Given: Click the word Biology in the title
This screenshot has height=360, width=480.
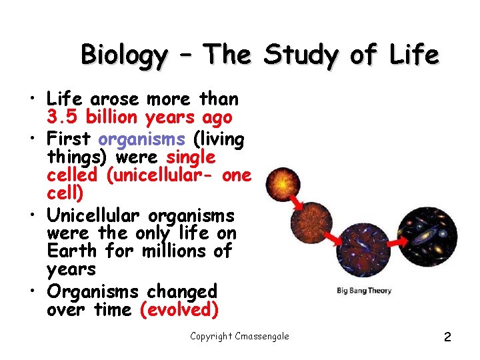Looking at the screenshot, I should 124,55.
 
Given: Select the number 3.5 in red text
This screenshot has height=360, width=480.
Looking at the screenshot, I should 61,118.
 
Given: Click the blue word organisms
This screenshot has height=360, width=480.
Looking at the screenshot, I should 141,139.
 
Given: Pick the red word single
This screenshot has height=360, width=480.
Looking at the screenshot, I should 191,157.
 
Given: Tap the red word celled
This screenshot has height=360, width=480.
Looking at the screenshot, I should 71,175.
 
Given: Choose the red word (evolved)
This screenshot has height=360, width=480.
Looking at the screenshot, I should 178,310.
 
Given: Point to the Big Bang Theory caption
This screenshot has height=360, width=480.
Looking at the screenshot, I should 363,291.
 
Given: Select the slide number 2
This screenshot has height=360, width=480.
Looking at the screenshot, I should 447,337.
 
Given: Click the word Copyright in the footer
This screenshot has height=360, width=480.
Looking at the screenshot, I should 211,336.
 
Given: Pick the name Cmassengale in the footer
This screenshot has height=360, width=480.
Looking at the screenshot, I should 262,336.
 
